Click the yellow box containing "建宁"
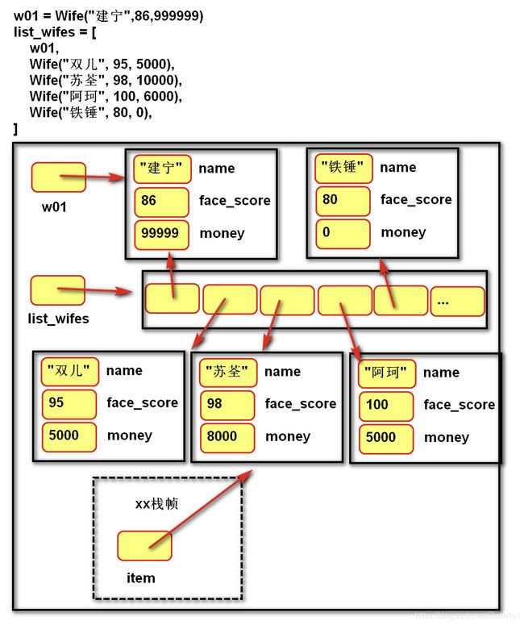162,169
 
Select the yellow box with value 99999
161,235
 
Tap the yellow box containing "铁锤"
343,169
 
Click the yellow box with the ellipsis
457,302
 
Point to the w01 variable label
54,207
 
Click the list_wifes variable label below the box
58,319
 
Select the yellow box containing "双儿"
70,372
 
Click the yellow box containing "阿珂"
387,373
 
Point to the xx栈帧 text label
156,504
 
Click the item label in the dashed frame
140,578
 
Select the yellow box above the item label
144,546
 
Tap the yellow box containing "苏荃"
228,373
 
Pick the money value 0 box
343,234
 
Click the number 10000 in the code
156,80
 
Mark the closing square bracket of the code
15,129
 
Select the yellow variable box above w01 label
59,177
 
